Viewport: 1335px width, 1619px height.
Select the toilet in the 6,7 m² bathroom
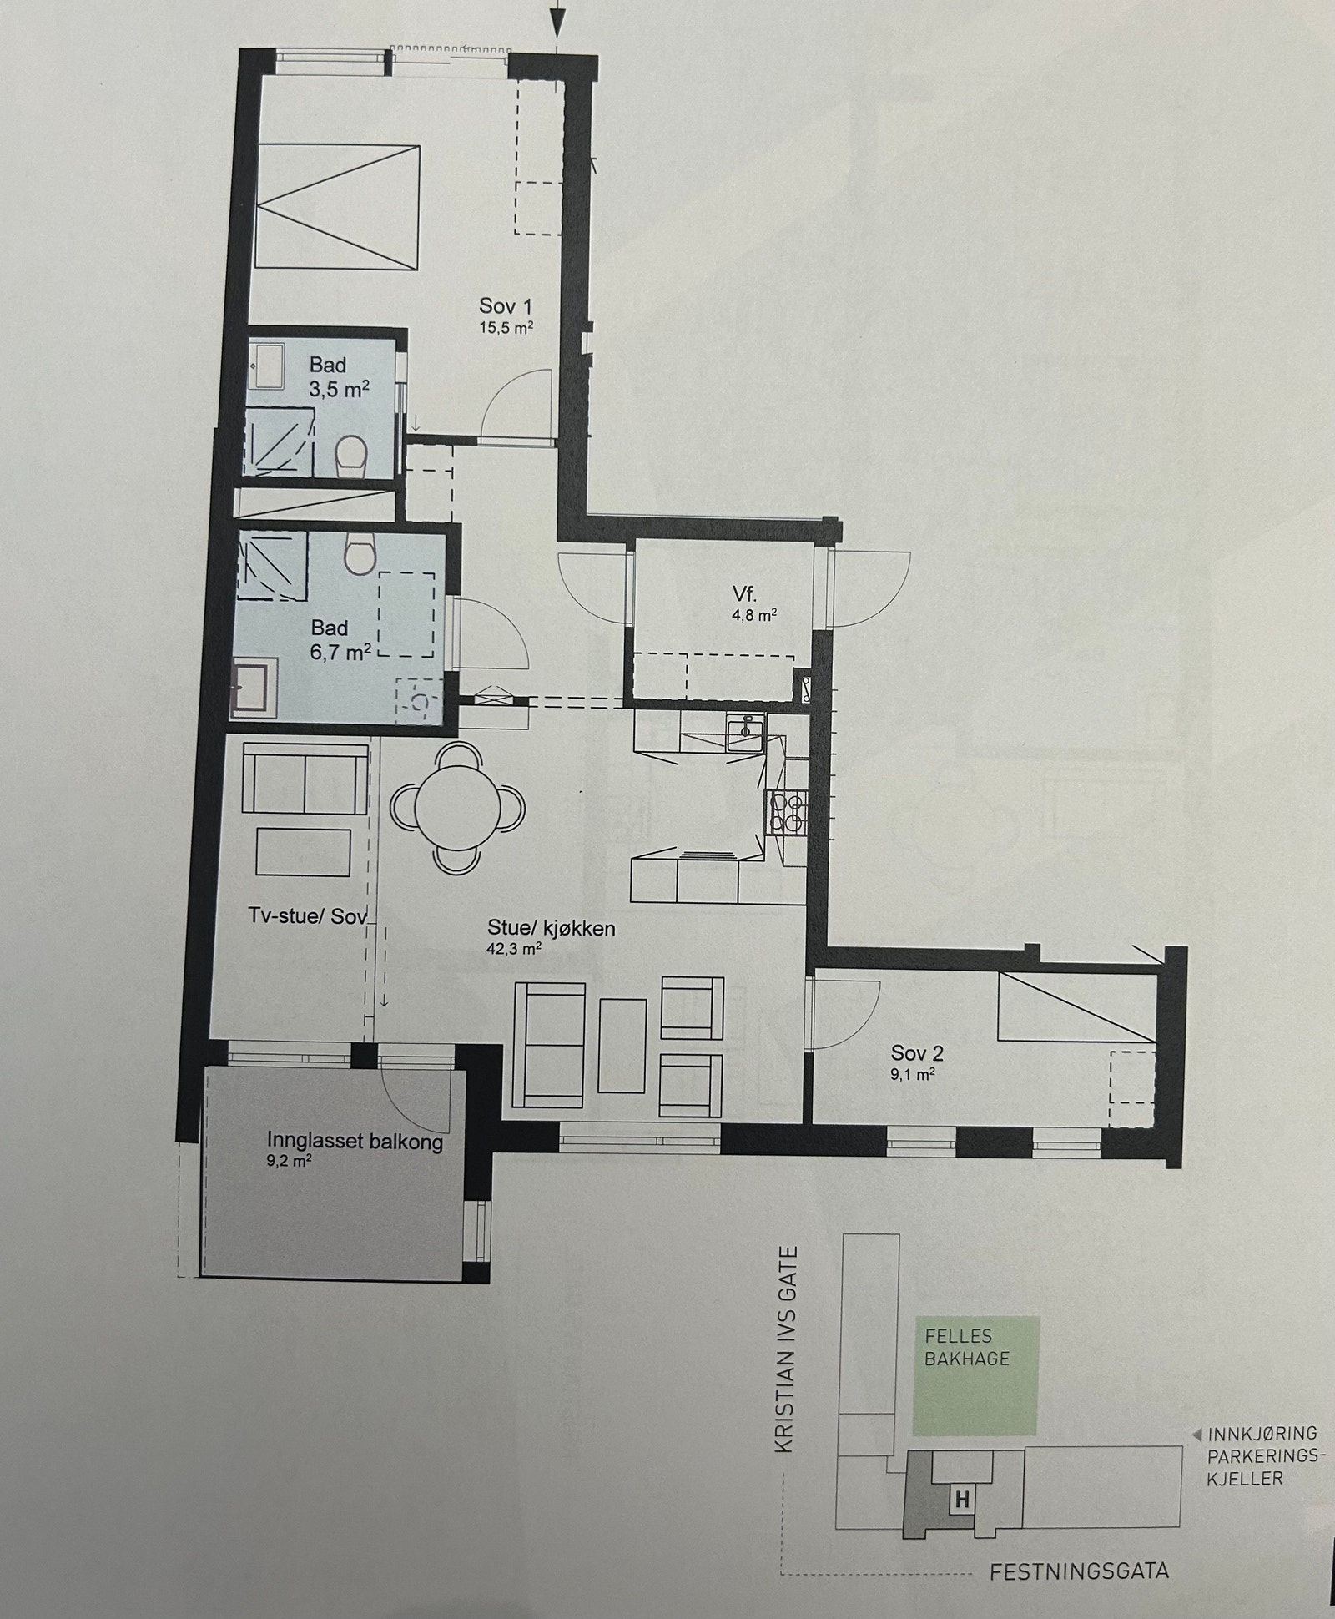360,554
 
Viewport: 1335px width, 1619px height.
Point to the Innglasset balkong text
355,1142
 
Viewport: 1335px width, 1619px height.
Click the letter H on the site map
962,1500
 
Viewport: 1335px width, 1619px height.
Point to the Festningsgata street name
1079,1572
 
